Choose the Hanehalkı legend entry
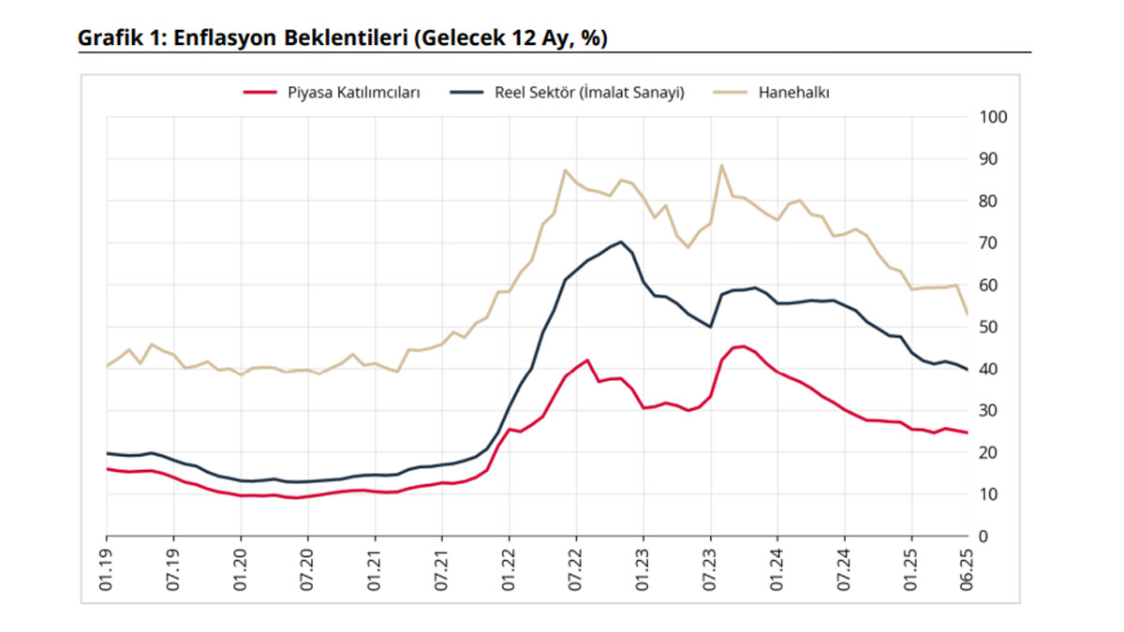(794, 93)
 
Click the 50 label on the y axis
(988, 327)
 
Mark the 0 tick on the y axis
(983, 536)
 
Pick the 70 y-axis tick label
(988, 243)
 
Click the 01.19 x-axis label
(106, 567)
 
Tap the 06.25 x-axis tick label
(967, 567)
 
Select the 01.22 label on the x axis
(509, 567)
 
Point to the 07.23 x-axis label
(710, 567)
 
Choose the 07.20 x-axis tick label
(307, 567)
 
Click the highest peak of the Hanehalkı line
(721, 166)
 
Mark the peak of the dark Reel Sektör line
(621, 242)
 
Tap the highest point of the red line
(743, 346)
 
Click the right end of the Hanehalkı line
(967, 314)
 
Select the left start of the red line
(107, 468)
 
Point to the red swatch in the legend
(260, 93)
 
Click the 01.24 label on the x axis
(777, 567)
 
